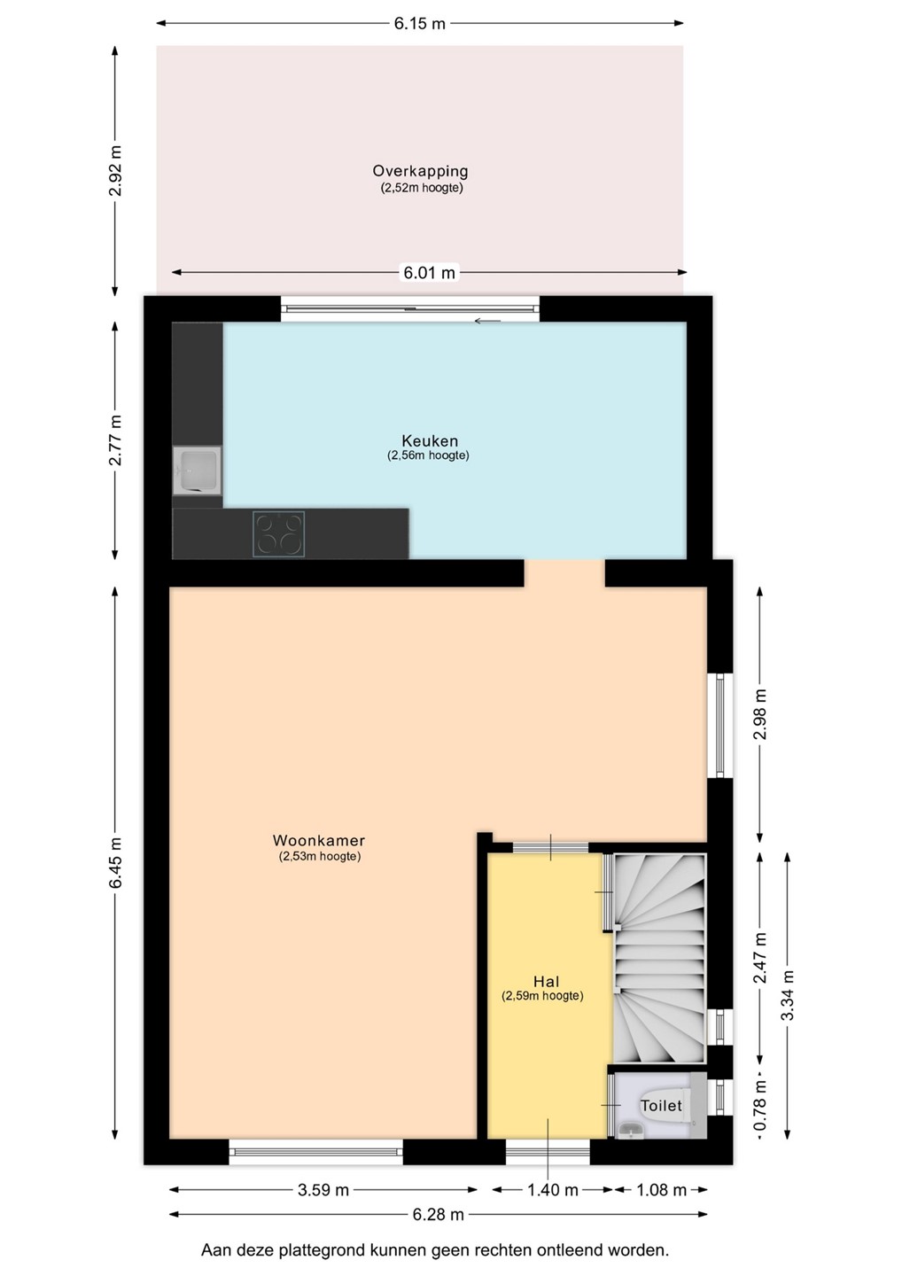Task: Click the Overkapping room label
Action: coord(420,170)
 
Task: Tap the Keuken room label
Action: coord(430,440)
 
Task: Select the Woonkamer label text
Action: coord(319,840)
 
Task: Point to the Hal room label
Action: coord(546,982)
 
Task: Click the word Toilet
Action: coord(661,1106)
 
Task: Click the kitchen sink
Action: coord(197,471)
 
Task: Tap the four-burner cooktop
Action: coord(279,533)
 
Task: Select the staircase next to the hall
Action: coord(659,958)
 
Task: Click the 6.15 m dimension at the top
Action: coord(420,24)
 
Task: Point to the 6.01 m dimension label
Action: coord(430,273)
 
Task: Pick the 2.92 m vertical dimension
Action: coord(115,171)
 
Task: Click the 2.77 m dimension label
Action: coord(115,440)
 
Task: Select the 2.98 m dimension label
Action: coord(760,714)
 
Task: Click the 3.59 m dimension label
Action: coord(323,1190)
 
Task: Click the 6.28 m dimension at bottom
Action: coord(438,1215)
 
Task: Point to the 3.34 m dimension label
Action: coord(788,996)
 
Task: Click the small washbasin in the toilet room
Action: coord(629,1129)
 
